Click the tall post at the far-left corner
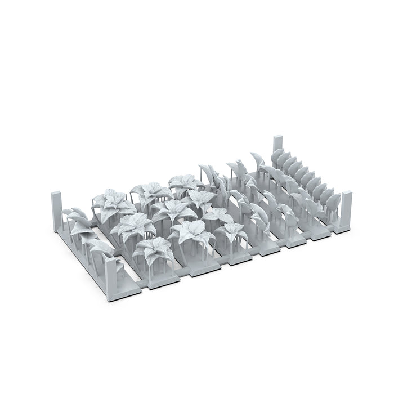(57, 212)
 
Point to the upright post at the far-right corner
(346, 209)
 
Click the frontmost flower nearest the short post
(154, 250)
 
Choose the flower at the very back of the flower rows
(183, 183)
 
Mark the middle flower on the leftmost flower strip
(132, 226)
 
